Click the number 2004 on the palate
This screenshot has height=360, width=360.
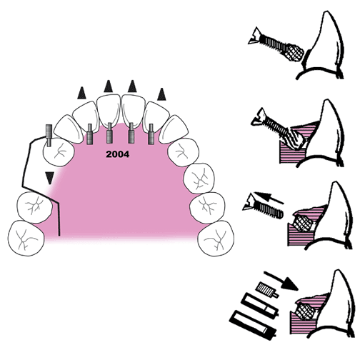click(x=118, y=154)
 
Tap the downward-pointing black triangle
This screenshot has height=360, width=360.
click(x=50, y=178)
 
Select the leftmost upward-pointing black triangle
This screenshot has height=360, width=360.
click(x=81, y=93)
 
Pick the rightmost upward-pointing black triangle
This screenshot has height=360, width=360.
click(x=161, y=94)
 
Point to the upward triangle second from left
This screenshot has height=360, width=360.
click(x=109, y=86)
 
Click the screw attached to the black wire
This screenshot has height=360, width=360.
click(x=49, y=135)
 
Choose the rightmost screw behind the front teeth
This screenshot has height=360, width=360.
click(x=151, y=134)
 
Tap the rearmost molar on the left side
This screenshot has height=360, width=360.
click(x=26, y=238)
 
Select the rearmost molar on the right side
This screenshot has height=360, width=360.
click(x=216, y=239)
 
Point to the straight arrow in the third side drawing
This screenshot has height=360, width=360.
click(x=269, y=197)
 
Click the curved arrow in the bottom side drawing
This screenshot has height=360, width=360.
click(x=281, y=281)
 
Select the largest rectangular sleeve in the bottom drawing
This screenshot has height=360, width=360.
click(x=254, y=325)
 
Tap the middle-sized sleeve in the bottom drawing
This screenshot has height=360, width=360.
click(x=259, y=306)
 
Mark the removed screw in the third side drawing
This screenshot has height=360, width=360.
click(x=263, y=206)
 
